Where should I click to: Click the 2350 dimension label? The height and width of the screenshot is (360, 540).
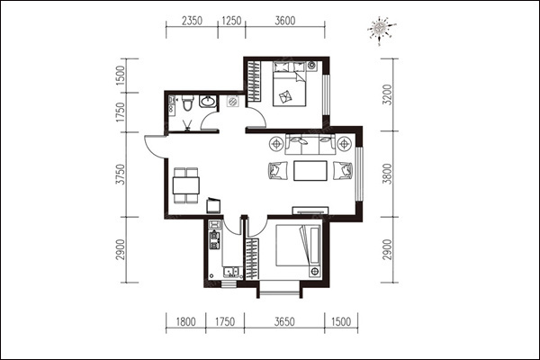tap(192, 21)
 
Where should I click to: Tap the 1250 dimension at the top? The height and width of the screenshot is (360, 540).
tap(231, 21)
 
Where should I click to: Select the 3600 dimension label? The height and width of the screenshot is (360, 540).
tap(285, 21)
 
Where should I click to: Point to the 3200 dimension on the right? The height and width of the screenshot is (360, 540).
tap(388, 94)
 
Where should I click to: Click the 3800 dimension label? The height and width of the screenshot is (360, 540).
tap(388, 174)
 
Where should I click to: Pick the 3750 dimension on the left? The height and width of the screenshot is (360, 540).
tap(121, 175)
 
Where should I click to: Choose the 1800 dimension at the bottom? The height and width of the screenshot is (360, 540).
tap(186, 322)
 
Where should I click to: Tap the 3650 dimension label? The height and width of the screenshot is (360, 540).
tap(284, 322)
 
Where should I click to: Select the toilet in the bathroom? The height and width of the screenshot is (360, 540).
tap(187, 103)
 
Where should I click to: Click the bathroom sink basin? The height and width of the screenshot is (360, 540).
tap(208, 101)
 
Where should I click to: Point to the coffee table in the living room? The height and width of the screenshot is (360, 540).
tap(310, 170)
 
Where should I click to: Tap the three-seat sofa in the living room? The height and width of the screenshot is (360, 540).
tap(310, 145)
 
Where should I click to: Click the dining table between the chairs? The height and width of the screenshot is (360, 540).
tap(186, 185)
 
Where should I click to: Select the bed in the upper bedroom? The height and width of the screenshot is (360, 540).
tap(289, 84)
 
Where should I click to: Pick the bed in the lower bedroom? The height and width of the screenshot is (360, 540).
tap(298, 246)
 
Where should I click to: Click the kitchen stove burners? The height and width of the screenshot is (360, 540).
tap(214, 240)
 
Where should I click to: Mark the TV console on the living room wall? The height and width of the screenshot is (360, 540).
tap(310, 211)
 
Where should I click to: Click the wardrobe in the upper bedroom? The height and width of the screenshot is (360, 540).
tap(254, 81)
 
